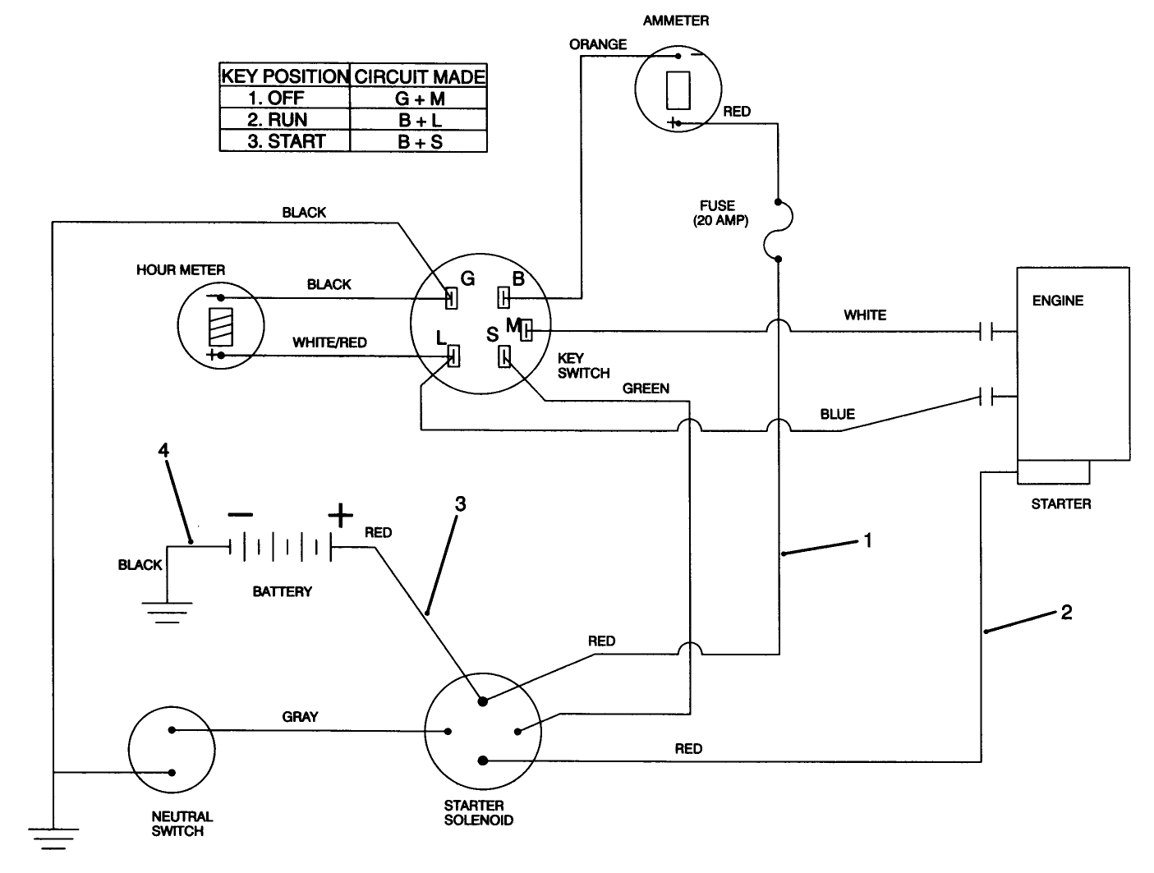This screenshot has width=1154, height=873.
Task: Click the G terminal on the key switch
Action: coord(451,298)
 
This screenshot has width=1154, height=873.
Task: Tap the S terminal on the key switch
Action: coord(504,356)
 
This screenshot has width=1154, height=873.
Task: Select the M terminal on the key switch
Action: coord(526,330)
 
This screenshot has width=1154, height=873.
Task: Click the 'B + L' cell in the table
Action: coord(419,120)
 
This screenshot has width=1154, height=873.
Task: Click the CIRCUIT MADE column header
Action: coord(419,76)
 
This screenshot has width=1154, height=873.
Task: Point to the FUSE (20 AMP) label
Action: coord(719,213)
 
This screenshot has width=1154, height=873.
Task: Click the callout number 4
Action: coord(164,450)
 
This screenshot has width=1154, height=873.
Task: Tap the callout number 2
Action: coord(1066,612)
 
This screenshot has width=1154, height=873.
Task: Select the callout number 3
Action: coord(460,503)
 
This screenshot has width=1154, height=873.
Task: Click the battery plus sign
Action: coord(340,516)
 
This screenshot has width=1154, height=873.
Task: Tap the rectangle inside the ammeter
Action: coord(678,90)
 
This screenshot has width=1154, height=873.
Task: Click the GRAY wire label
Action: coord(300,716)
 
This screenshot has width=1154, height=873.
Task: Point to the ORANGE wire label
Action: coord(598,44)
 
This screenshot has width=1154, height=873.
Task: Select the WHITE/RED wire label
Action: coord(329,342)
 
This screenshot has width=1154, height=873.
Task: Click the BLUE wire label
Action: coord(837,414)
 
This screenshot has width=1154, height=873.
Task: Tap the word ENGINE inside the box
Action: coord(1057,301)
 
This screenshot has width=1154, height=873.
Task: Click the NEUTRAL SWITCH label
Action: coord(182,824)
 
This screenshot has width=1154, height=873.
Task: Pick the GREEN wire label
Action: coord(646,388)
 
